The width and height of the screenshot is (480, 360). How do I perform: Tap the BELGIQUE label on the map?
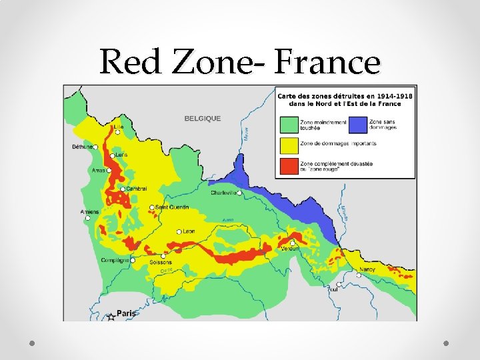pos(202,118)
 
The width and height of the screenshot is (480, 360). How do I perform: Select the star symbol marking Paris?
pos(111,317)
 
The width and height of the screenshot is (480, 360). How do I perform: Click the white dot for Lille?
pos(118,133)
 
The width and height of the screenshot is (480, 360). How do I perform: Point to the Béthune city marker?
pos(96,147)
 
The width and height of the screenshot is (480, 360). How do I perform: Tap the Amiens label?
pos(89,212)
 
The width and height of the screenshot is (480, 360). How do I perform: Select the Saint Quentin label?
pos(173,207)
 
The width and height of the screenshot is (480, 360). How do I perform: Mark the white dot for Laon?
pos(179,232)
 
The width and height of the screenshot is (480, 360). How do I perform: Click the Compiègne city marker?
pos(133,260)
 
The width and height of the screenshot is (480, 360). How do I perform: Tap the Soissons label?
pos(161,262)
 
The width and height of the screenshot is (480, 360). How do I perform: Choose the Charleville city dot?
pos(239,193)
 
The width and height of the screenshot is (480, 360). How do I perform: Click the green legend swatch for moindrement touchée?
pos(289,124)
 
